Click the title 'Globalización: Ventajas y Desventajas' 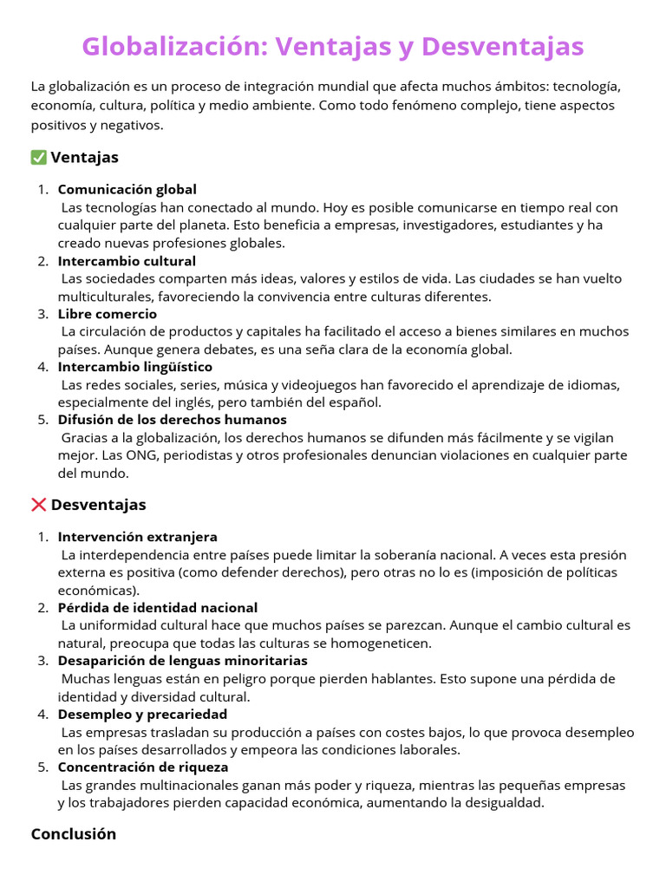pyautogui.click(x=333, y=46)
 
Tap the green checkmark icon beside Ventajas pyautogui.click(x=38, y=158)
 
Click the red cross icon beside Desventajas pyautogui.click(x=38, y=505)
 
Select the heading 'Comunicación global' pyautogui.click(x=127, y=189)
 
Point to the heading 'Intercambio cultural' pyautogui.click(x=127, y=260)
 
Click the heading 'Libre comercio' pyautogui.click(x=108, y=314)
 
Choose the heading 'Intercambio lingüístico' pyautogui.click(x=134, y=367)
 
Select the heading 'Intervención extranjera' pyautogui.click(x=138, y=537)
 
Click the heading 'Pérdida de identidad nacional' pyautogui.click(x=158, y=607)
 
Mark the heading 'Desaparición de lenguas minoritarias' pyautogui.click(x=183, y=661)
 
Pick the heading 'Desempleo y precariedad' pyautogui.click(x=142, y=714)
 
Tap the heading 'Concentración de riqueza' pyautogui.click(x=143, y=767)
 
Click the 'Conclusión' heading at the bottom pyautogui.click(x=74, y=834)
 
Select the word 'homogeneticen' pyautogui.click(x=388, y=643)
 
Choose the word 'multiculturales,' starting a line pyautogui.click(x=107, y=297)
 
